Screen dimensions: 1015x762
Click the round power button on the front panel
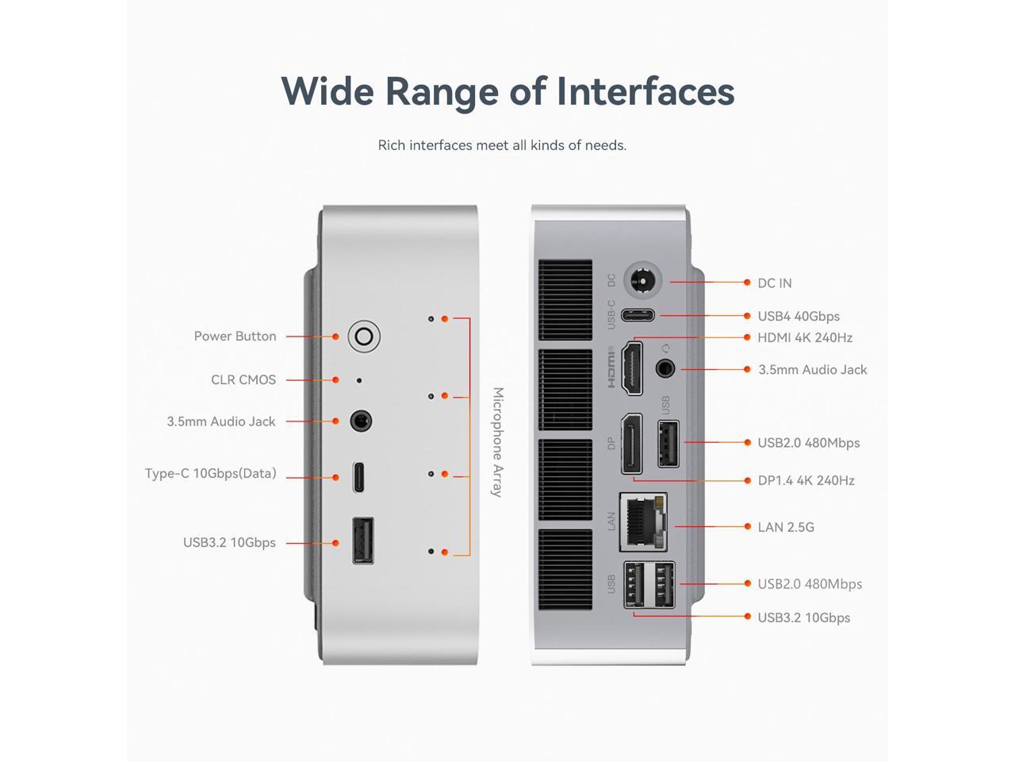[364, 337]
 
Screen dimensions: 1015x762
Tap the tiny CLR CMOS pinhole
[359, 381]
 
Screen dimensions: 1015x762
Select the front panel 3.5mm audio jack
[361, 421]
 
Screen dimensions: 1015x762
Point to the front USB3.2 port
[362, 541]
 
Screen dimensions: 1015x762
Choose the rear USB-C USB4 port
[638, 315]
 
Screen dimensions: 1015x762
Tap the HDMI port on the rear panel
[632, 368]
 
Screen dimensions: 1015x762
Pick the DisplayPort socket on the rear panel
[631, 443]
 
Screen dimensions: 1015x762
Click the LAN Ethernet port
[642, 521]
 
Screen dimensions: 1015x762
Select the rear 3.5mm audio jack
[665, 369]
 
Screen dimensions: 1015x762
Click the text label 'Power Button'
[235, 337]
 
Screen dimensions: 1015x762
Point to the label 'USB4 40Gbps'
[798, 316]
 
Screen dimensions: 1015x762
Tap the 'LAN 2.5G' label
[785, 527]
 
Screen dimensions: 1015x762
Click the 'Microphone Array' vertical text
[497, 442]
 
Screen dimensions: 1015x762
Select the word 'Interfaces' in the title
[645, 90]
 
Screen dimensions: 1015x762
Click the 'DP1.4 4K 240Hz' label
[806, 480]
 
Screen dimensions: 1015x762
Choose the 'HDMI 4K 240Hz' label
[804, 337]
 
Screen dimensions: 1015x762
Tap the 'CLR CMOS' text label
[243, 380]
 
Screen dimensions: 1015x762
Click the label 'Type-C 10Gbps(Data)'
[210, 474]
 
